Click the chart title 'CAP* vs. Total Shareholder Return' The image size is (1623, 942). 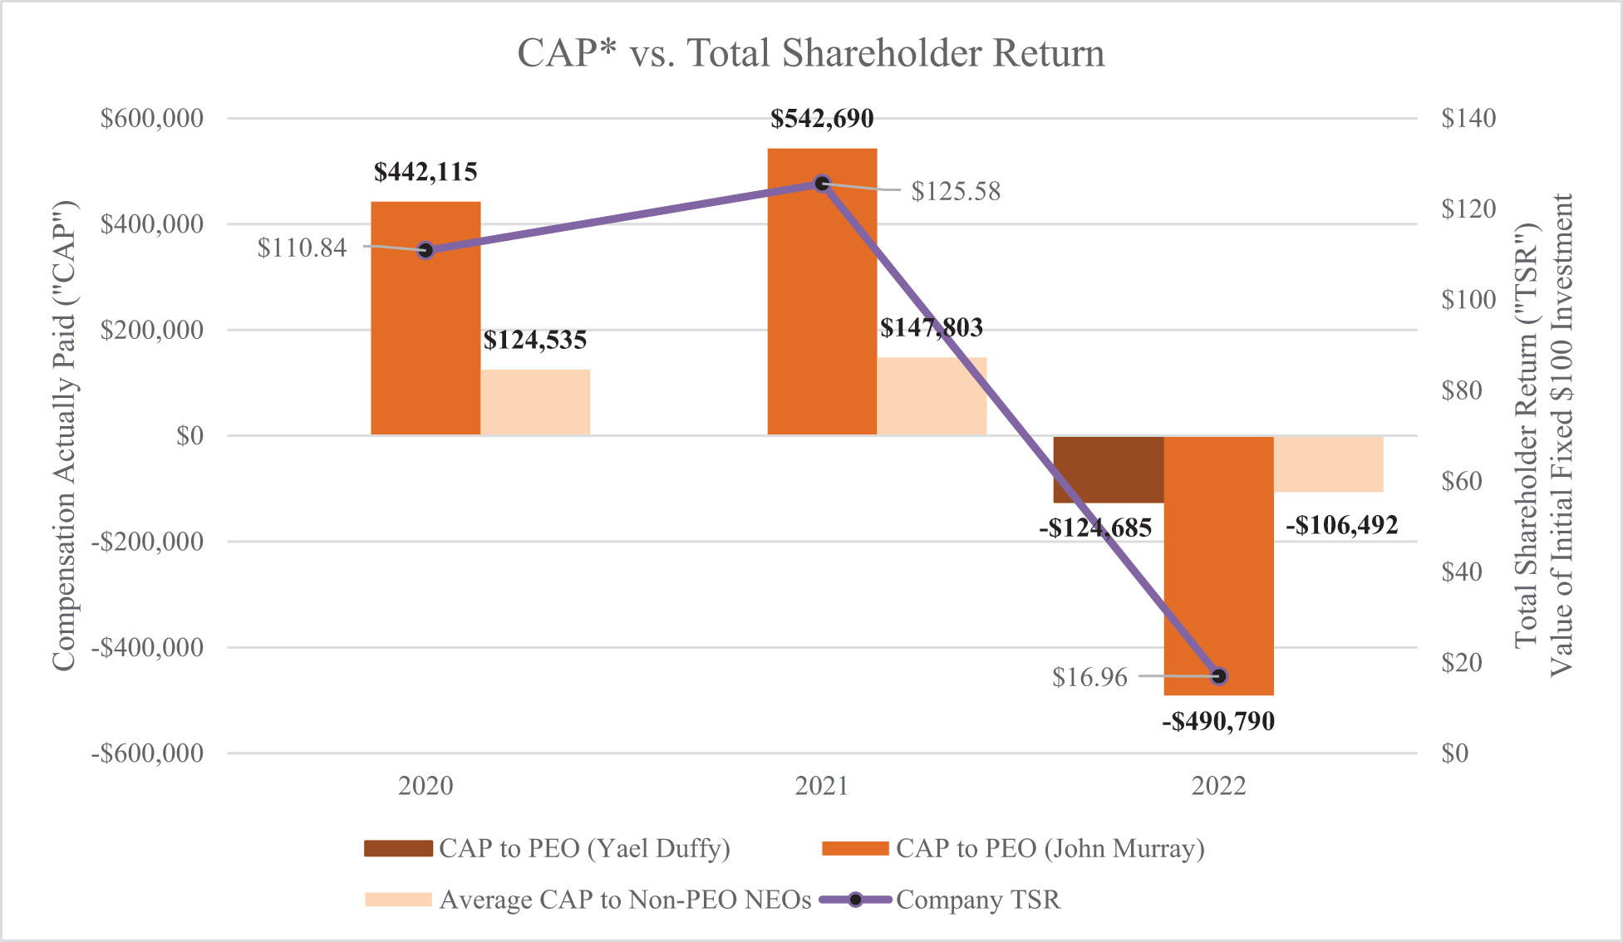[810, 53]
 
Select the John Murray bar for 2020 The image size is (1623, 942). [425, 332]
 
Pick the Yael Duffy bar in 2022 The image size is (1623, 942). [1108, 469]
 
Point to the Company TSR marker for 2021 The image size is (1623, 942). [822, 184]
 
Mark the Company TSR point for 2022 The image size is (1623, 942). [1219, 676]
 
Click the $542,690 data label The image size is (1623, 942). [822, 119]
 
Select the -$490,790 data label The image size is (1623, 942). [1218, 721]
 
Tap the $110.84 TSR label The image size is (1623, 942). [302, 248]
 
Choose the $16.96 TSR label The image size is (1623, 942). [1089, 677]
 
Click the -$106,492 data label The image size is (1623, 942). [1341, 525]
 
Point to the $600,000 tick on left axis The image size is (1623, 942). [152, 118]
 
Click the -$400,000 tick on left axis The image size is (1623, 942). [147, 647]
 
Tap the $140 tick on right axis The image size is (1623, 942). [1468, 118]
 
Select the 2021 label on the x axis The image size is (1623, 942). [822, 786]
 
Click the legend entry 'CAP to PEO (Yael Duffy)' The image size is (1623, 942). [583, 848]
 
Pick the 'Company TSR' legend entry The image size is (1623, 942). [977, 900]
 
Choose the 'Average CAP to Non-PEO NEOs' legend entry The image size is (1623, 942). [624, 900]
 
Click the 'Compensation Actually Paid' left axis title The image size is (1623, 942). [64, 435]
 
